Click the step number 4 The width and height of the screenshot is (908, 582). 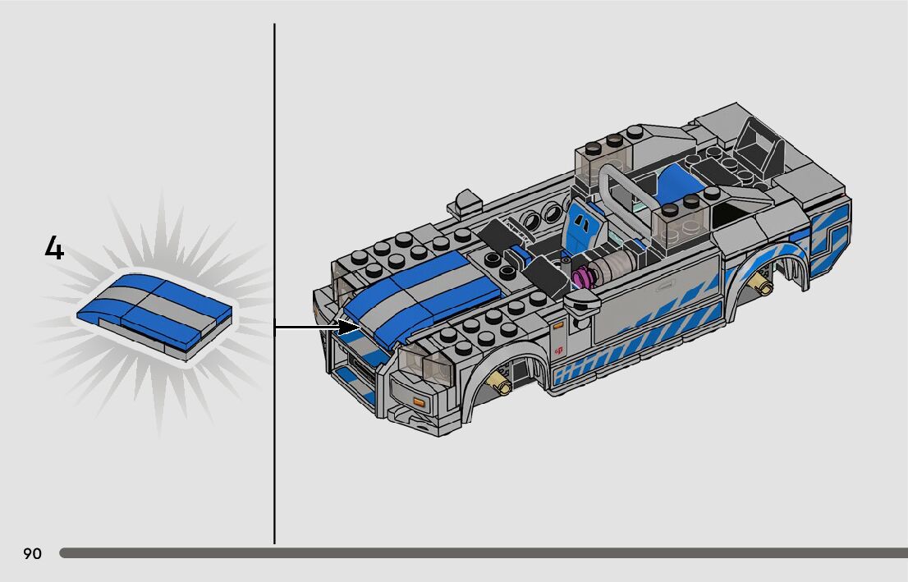[x=54, y=248]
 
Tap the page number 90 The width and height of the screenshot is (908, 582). [x=33, y=553]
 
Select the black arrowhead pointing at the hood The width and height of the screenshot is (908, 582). [x=349, y=328]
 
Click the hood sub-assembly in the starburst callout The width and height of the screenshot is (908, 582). [x=154, y=314]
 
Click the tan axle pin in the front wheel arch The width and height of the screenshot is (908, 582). [x=500, y=383]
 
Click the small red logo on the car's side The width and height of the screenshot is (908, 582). [x=559, y=350]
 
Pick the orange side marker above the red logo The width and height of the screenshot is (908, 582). [x=557, y=327]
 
